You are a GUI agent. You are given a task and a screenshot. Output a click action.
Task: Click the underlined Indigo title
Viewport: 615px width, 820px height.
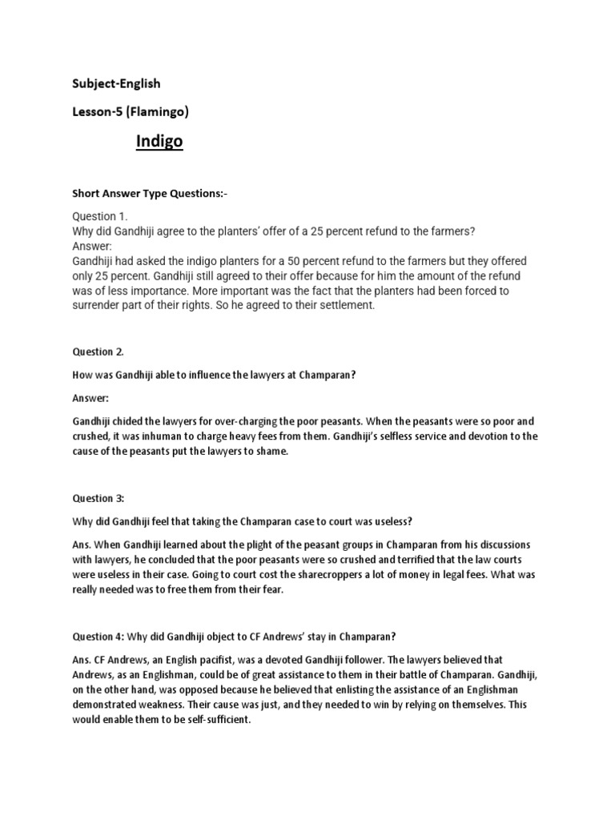pos(159,142)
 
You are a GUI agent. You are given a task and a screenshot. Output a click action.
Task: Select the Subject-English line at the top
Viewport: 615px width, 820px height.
pos(117,83)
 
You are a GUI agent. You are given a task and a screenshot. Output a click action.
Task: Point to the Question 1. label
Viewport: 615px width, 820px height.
pos(100,217)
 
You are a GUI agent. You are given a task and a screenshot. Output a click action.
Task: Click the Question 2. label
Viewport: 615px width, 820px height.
pos(98,352)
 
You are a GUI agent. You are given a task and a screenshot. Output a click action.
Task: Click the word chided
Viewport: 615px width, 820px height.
pos(128,421)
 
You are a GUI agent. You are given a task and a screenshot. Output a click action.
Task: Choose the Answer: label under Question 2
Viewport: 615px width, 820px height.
pos(90,398)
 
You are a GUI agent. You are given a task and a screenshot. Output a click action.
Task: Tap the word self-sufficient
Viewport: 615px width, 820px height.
pos(212,720)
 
